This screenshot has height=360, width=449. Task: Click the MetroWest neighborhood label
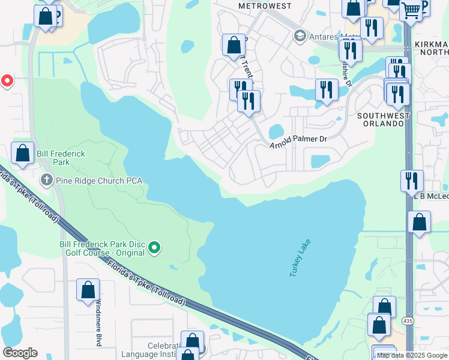265,5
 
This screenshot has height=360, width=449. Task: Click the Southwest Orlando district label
382,119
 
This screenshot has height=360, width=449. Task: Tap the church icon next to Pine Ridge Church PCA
47,179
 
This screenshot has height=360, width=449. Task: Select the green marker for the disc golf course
154,247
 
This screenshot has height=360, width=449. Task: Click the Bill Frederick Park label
61,158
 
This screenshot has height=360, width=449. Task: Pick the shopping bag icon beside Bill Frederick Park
23,153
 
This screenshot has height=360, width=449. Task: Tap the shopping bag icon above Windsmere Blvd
88,290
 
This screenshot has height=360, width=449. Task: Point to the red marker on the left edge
7,80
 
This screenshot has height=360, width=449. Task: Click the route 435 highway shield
409,338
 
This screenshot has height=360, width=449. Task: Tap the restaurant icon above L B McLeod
412,179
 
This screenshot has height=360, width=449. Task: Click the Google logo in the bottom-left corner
20,352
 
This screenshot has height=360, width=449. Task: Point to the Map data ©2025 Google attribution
412,355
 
